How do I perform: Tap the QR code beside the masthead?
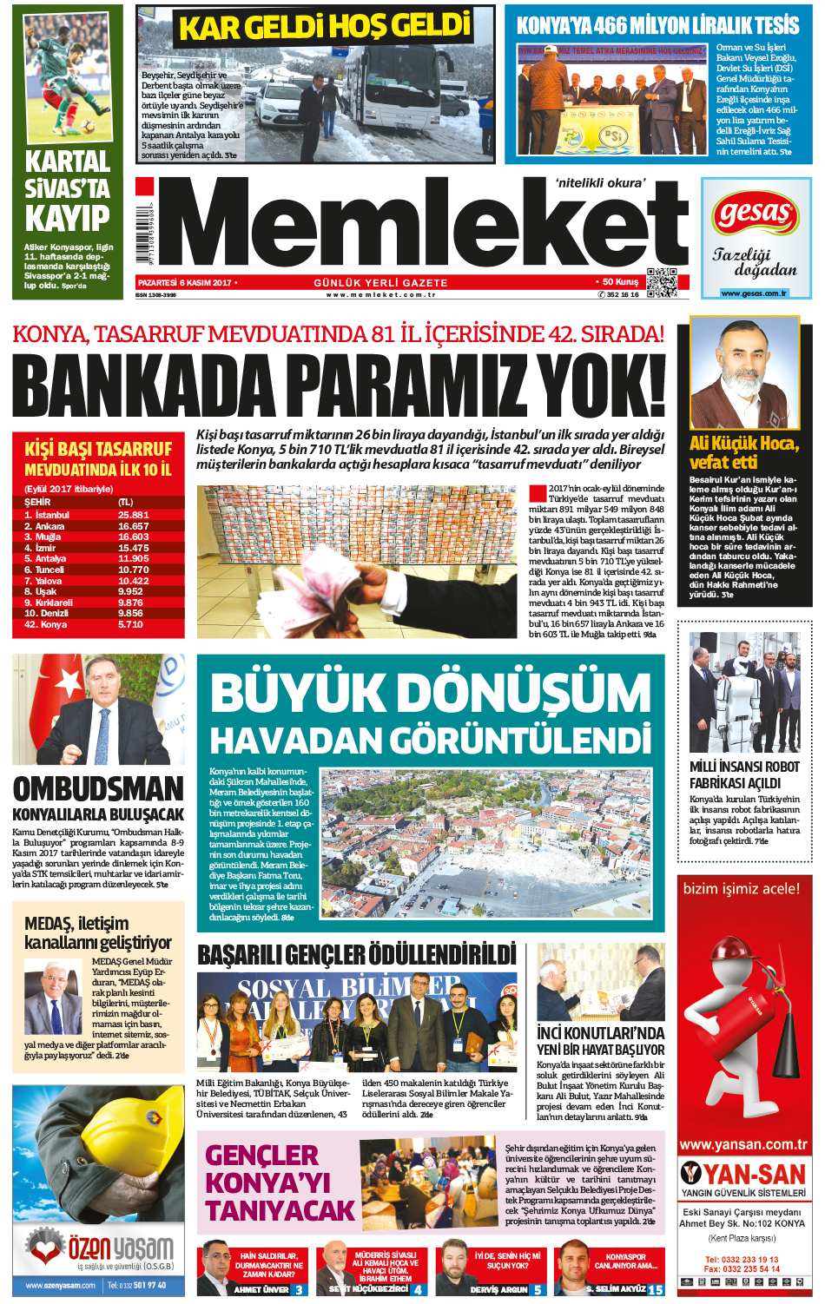click(661, 282)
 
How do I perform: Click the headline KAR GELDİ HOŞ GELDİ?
click(325, 27)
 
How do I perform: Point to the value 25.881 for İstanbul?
click(134, 515)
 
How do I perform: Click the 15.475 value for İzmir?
click(134, 548)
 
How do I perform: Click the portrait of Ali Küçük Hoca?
click(743, 373)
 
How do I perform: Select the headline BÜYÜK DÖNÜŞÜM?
click(430, 693)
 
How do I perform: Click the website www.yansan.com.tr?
click(743, 1144)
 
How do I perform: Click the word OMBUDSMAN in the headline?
click(98, 788)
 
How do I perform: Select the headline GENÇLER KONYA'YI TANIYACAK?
click(280, 1182)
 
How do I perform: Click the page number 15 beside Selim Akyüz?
click(656, 1290)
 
